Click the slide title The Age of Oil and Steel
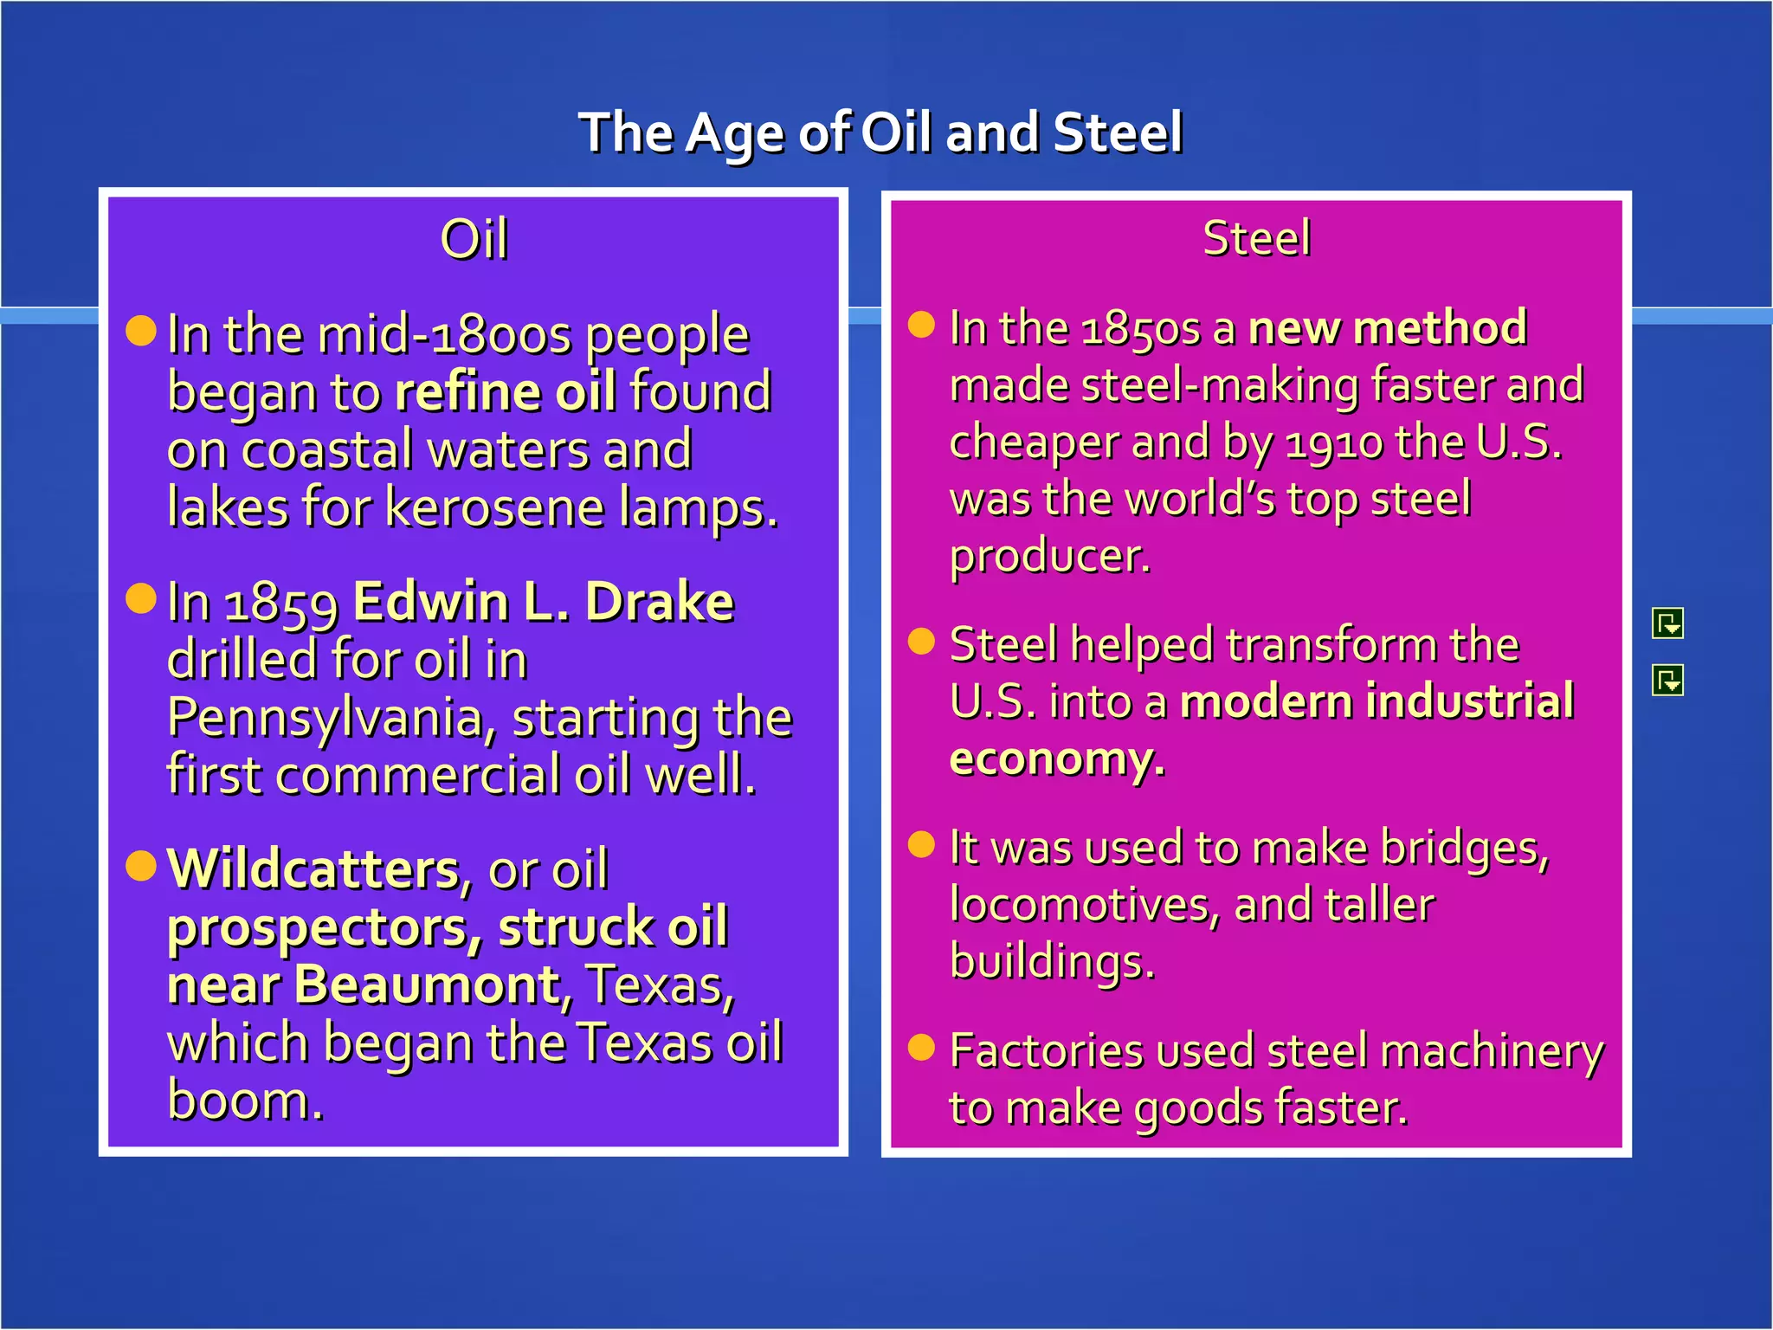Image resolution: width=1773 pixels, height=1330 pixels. pyautogui.click(x=880, y=133)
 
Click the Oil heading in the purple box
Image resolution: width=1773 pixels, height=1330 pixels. pyautogui.click(x=474, y=239)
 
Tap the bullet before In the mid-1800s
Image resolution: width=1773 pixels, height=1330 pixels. pyautogui.click(x=141, y=330)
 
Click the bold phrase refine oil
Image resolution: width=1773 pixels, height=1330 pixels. pyautogui.click(x=506, y=392)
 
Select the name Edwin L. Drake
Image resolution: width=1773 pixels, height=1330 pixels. pyautogui.click(x=544, y=602)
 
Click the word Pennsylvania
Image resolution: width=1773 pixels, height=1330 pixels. pyautogui.click(x=331, y=718)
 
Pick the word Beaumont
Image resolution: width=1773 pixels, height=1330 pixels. pyautogui.click(x=428, y=985)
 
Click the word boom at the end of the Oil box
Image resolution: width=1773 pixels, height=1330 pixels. pyautogui.click(x=245, y=1101)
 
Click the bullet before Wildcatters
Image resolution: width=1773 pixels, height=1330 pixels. pyautogui.click(x=141, y=864)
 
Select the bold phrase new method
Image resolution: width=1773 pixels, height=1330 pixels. pyautogui.click(x=1387, y=328)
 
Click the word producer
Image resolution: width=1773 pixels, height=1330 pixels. pyautogui.click(x=1050, y=557)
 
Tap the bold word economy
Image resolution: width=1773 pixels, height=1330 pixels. pyautogui.click(x=1056, y=759)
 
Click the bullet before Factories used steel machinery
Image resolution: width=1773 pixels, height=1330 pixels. pyautogui.click(x=922, y=1047)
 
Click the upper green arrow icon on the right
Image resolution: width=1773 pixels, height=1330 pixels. pyautogui.click(x=1667, y=623)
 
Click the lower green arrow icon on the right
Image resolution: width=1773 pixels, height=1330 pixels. pyautogui.click(x=1667, y=681)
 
